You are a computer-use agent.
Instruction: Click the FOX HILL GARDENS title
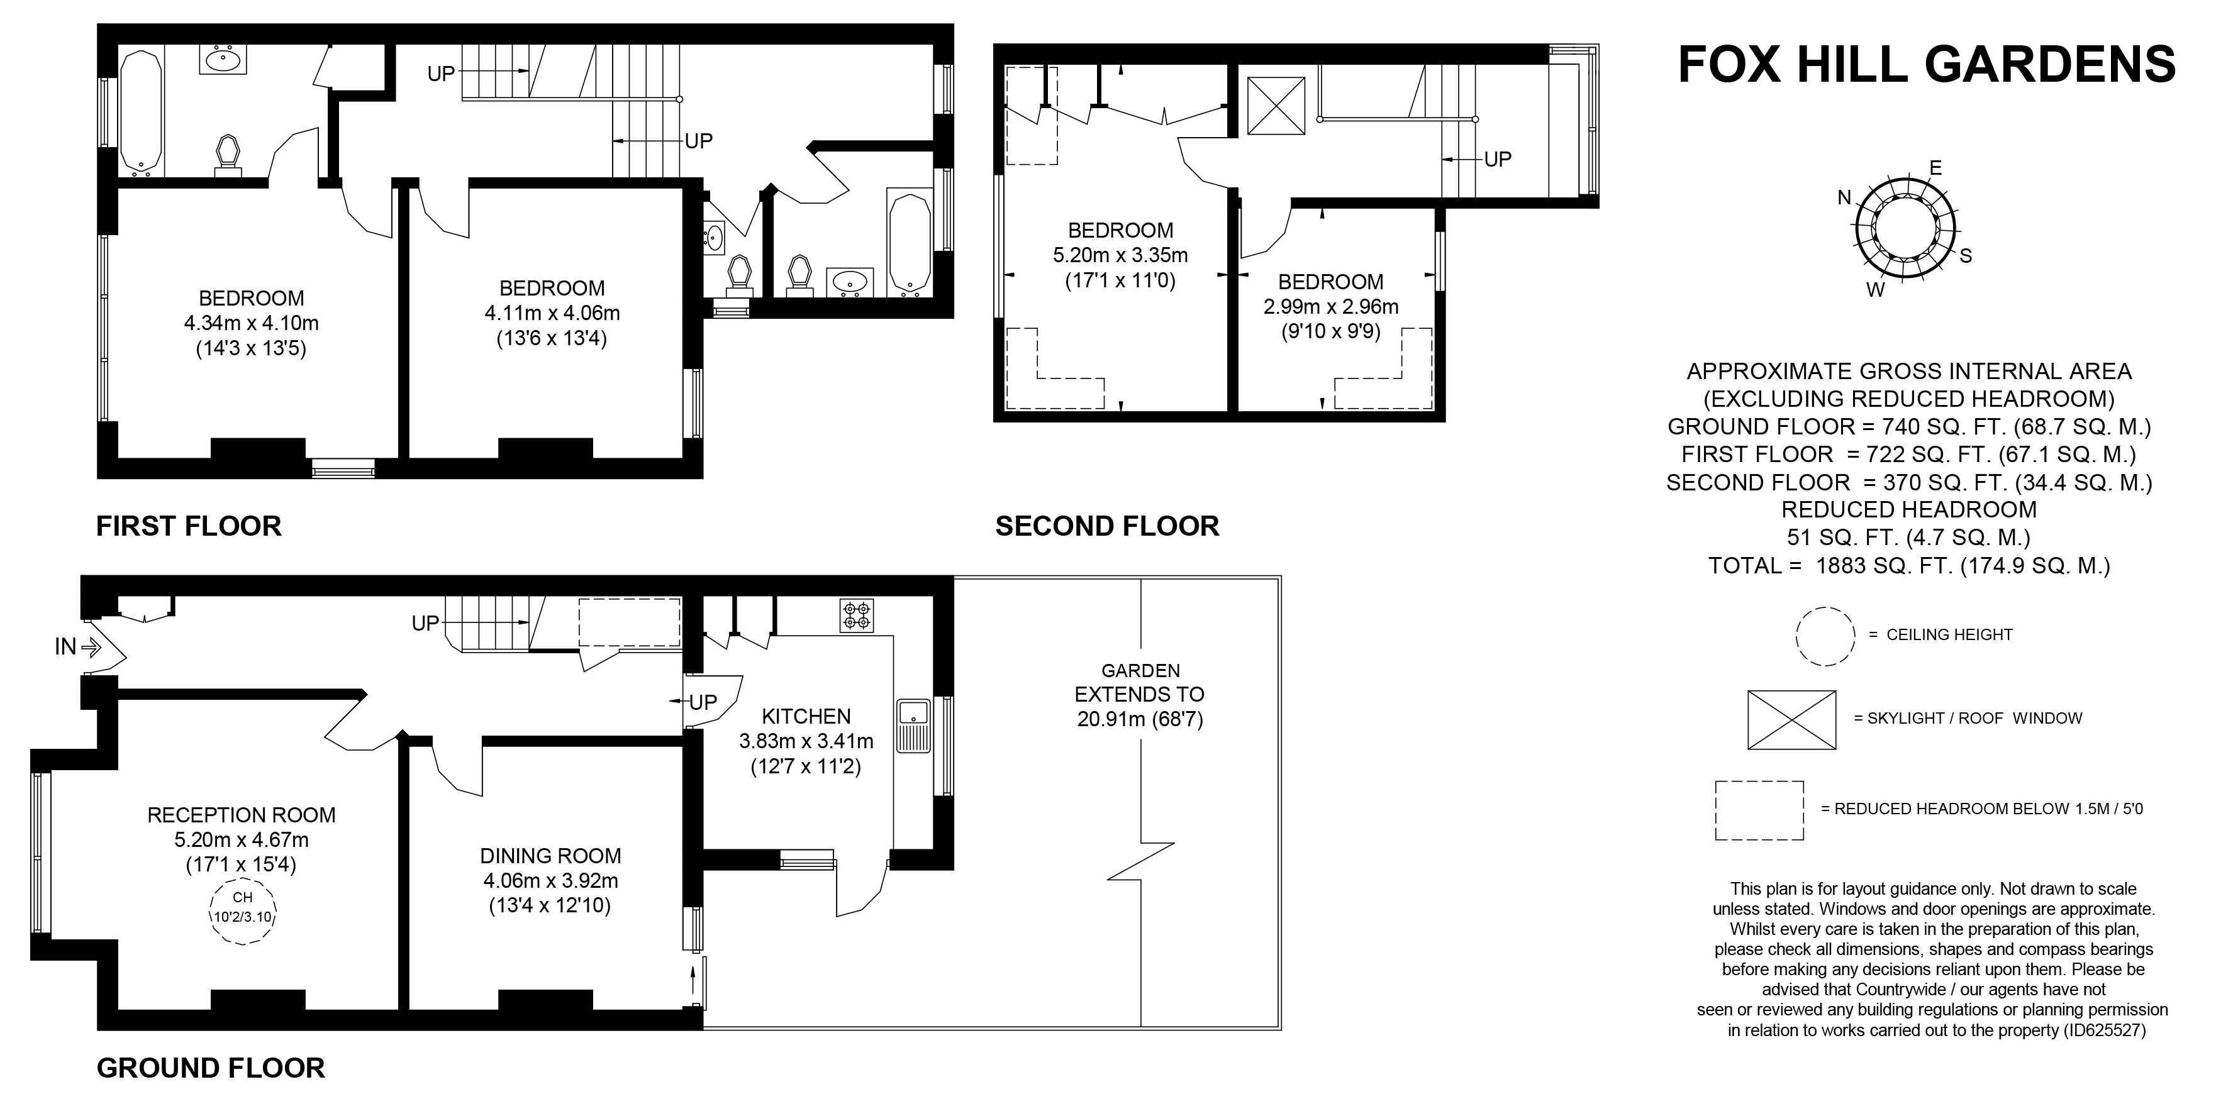pos(1926,65)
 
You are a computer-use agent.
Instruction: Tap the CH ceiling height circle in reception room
pos(242,912)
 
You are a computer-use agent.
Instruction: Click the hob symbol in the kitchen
pos(857,616)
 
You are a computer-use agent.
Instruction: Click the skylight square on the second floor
pos(1277,106)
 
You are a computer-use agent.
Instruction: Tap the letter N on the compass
pos(1844,198)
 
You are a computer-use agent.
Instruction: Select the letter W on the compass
pos(1875,290)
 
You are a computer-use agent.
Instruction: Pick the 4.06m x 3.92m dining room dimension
pos(550,881)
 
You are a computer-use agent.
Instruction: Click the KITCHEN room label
pos(806,716)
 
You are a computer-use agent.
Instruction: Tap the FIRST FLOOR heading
pos(189,526)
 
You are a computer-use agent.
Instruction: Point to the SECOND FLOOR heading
pos(1107,526)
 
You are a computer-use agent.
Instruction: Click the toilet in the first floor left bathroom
pos(228,155)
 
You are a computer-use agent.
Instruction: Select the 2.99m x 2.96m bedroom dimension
pos(1331,307)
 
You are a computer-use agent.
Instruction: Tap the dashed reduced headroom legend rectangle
pos(1759,810)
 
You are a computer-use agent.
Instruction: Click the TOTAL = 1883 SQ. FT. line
pos(1908,566)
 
